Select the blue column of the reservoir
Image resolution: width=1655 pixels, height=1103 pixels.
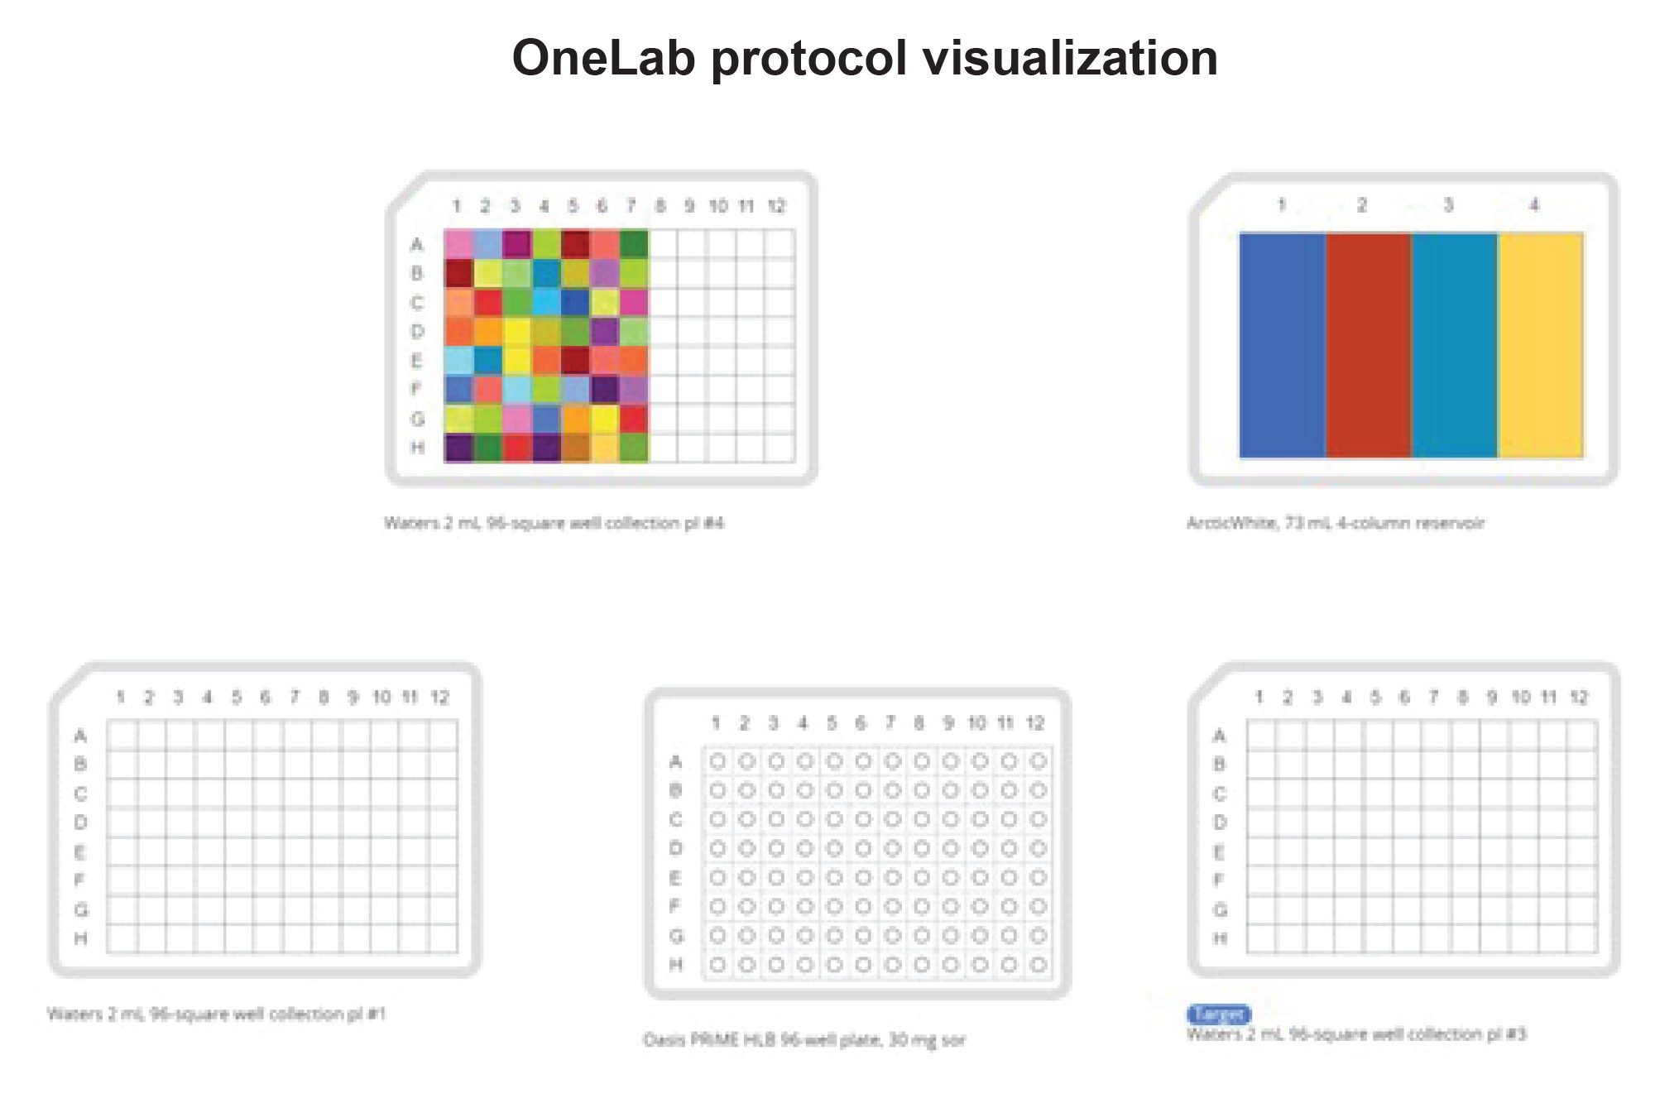tap(1282, 344)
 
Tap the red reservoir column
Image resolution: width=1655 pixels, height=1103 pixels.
tap(1368, 344)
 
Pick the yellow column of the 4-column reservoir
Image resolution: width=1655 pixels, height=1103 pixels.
tap(1540, 344)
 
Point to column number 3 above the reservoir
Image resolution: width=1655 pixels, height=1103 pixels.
tap(1448, 204)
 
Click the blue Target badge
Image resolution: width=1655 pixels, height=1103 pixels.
tap(1218, 1014)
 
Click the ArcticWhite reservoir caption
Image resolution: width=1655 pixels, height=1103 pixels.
tap(1335, 523)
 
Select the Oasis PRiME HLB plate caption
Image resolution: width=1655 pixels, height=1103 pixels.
tap(804, 1040)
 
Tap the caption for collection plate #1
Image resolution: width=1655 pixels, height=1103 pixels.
tap(216, 1014)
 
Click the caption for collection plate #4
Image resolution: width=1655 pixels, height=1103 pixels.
tap(553, 523)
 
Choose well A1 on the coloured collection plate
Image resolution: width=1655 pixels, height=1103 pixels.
tap(458, 244)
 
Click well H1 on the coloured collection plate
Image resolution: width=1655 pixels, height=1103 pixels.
tap(458, 448)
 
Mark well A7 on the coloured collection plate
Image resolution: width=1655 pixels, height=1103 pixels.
tap(634, 244)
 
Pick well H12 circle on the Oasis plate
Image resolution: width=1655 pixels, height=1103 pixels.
tap(1038, 965)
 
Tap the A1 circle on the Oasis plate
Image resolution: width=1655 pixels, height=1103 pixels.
tap(717, 760)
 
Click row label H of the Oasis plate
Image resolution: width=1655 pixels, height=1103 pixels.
tap(675, 965)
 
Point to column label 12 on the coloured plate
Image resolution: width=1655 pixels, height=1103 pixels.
tap(776, 206)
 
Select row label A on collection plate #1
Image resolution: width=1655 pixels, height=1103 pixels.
tap(80, 735)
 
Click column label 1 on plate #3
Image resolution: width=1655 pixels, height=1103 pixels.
tap(1259, 697)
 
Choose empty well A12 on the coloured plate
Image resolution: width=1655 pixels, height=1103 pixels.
tap(780, 244)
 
